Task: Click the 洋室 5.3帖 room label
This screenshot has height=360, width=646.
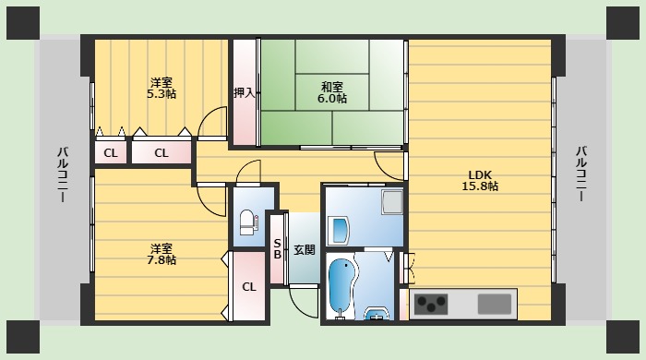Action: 162,88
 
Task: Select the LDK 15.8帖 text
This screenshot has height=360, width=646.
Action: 481,180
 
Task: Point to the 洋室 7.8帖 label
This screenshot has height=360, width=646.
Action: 162,254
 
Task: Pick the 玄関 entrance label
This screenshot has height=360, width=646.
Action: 305,249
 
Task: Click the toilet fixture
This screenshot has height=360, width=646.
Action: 246,222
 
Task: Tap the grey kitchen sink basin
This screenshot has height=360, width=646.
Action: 495,303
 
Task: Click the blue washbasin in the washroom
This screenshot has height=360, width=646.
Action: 338,228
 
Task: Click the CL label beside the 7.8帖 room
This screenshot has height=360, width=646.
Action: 248,287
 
